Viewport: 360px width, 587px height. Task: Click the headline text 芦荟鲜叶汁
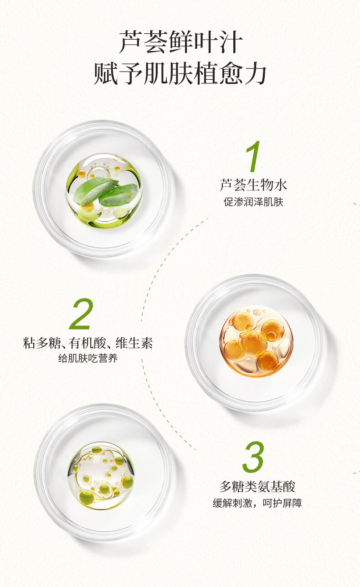180,41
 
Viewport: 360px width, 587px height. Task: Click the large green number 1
253,156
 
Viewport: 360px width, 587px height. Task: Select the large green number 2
81,314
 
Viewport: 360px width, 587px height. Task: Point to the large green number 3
253,457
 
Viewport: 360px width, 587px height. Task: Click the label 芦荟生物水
253,185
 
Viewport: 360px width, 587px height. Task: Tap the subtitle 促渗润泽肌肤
253,202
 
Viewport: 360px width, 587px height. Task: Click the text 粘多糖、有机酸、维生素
88,343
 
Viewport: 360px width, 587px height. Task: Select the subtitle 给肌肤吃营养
88,358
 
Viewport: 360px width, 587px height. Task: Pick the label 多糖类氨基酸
257,487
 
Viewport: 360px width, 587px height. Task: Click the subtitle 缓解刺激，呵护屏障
257,503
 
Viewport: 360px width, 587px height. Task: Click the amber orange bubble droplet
256,341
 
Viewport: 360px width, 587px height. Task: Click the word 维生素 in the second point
134,343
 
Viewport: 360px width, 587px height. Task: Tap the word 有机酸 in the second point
87,343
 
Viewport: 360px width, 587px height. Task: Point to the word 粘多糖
42,343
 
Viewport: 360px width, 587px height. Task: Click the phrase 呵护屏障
283,503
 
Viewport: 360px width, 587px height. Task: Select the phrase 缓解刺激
232,503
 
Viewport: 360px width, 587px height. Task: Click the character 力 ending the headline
255,73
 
